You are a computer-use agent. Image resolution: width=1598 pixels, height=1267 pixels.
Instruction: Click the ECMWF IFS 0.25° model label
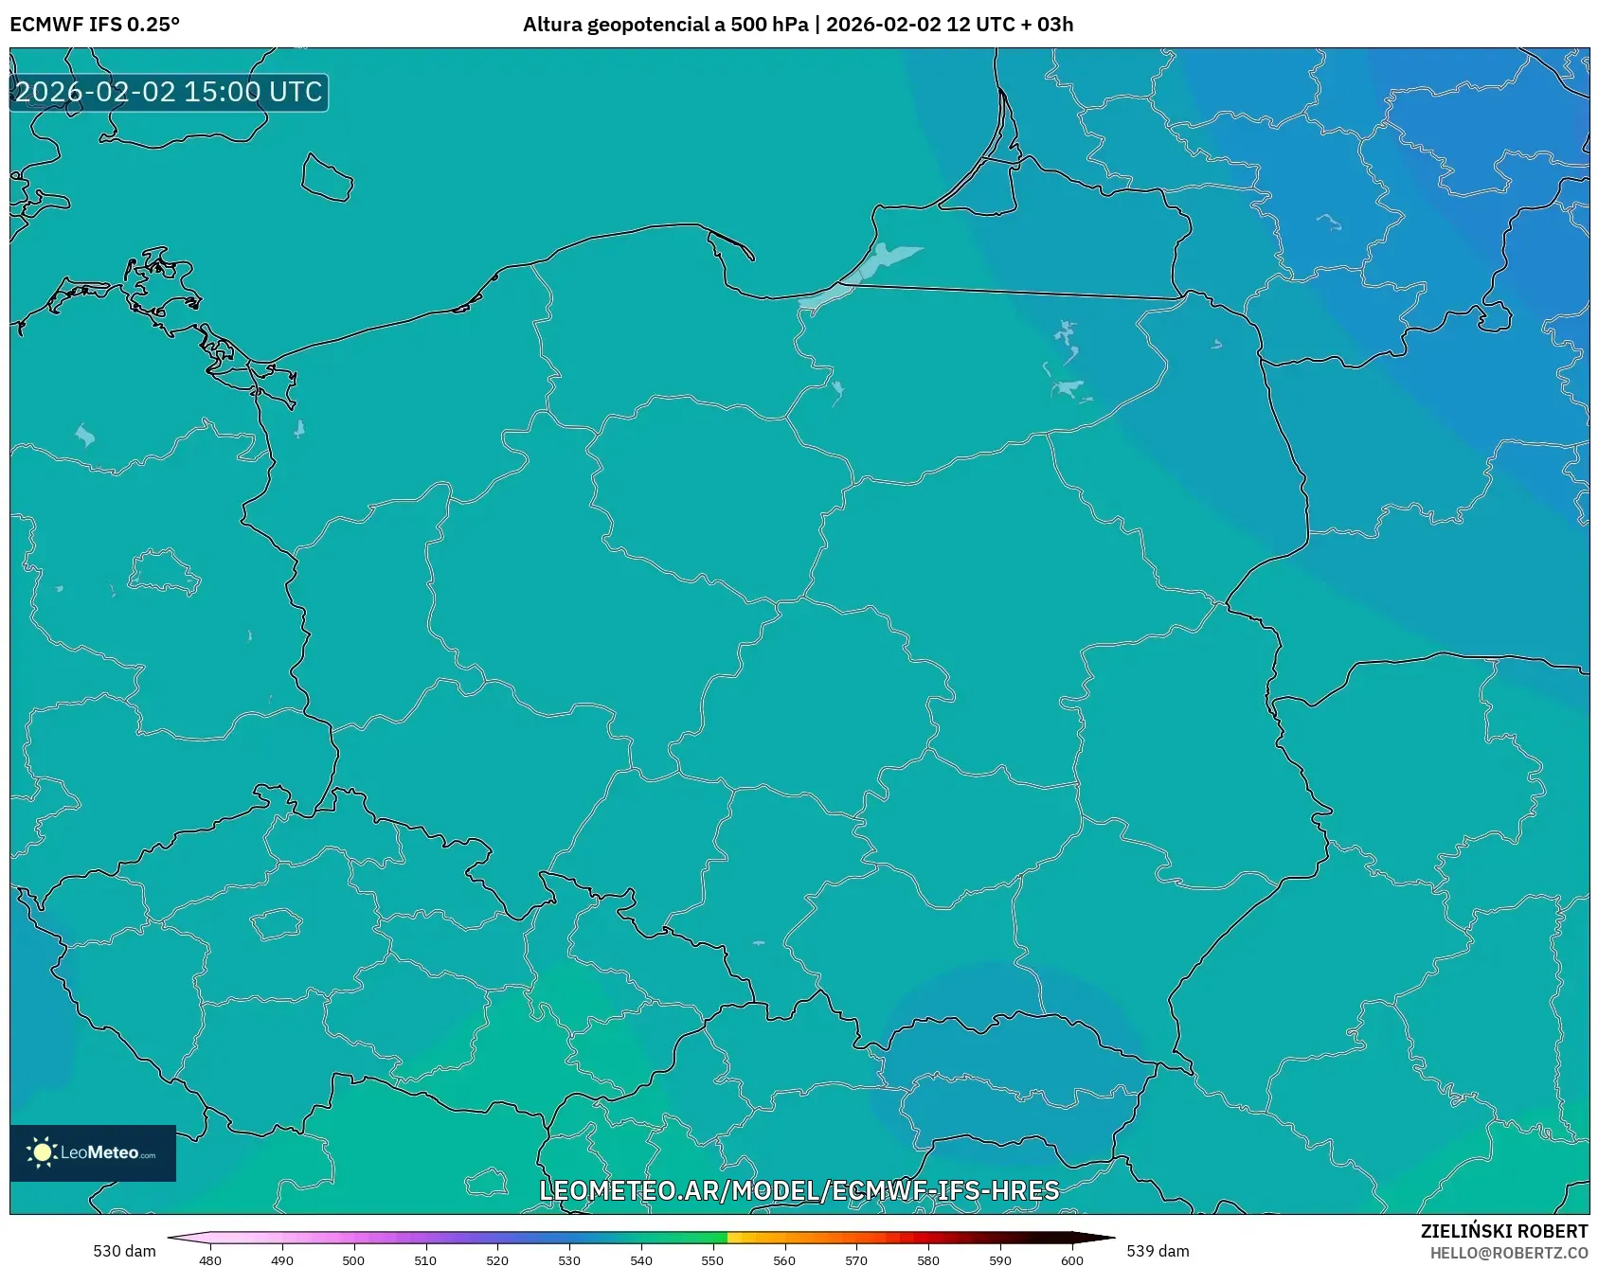coord(95,25)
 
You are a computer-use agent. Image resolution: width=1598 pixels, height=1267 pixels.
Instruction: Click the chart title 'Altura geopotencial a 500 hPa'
coord(665,25)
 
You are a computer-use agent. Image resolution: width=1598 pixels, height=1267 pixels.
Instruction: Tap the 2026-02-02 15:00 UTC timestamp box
coord(169,92)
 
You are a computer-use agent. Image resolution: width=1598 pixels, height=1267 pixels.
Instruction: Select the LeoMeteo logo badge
coord(93,1152)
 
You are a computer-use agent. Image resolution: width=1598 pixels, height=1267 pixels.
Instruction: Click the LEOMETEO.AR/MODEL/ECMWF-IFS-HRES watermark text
coord(799,1190)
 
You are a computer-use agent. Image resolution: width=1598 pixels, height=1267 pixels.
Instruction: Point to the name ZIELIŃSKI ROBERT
coord(1503,1231)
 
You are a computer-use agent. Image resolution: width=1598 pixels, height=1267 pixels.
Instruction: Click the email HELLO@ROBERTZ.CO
coord(1508,1253)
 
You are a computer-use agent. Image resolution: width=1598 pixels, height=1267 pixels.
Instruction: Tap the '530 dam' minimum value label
coord(124,1251)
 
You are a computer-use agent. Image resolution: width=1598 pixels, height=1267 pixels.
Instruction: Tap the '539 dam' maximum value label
coord(1158,1251)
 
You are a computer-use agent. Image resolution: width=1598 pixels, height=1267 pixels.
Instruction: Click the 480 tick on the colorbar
coord(210,1260)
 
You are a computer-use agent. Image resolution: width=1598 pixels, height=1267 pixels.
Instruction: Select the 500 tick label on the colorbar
coord(353,1260)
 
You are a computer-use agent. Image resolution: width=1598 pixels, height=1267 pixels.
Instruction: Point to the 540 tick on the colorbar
coord(641,1260)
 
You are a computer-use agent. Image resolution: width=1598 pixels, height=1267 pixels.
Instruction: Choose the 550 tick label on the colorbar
coord(712,1260)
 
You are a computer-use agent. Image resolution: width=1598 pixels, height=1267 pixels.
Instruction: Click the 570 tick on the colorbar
coord(856,1260)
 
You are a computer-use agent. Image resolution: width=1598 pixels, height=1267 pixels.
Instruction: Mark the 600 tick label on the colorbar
coord(1071,1260)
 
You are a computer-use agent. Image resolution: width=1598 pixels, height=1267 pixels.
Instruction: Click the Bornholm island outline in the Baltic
coord(327,178)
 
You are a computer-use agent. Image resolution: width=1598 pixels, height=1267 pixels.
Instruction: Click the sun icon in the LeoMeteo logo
coord(42,1152)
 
